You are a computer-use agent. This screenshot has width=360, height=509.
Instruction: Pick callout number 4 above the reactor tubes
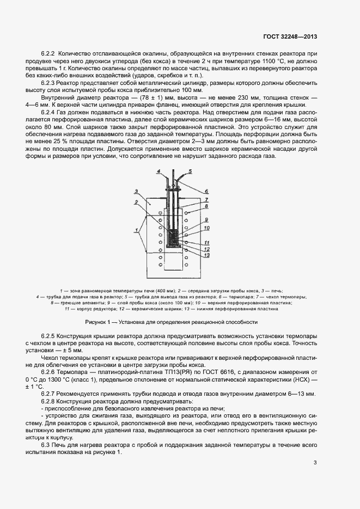tap(157, 172)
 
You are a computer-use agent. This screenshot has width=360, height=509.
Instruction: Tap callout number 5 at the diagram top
tap(190, 172)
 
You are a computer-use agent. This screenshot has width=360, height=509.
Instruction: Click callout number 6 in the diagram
tap(207, 192)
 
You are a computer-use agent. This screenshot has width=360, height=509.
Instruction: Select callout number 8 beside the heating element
tap(207, 206)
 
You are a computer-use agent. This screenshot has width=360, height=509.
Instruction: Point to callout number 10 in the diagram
tap(207, 228)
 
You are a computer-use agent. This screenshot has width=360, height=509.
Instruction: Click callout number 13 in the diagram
tap(207, 255)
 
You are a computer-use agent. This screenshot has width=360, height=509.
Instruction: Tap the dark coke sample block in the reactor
tap(173, 238)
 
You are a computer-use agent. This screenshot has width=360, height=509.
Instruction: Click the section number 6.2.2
tap(50, 54)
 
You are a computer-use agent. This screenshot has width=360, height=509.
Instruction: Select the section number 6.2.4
tap(50, 111)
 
